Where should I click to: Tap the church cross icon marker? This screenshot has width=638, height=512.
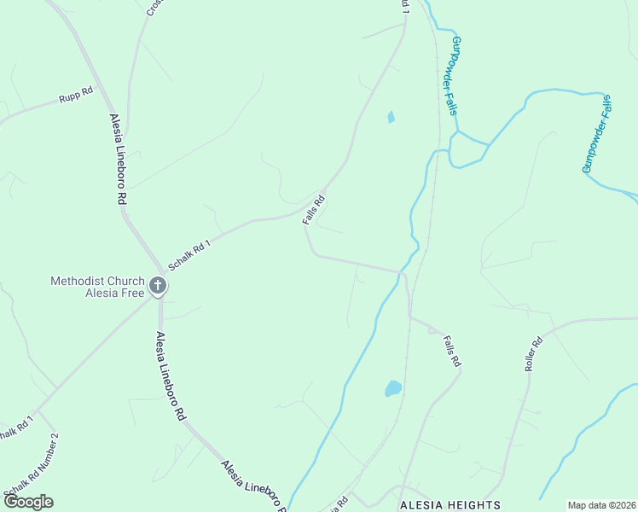click(158, 285)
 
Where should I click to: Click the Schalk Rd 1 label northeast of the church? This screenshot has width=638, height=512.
click(189, 254)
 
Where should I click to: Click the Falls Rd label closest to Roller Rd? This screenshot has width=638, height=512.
click(452, 352)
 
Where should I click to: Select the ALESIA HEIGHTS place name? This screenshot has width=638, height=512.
click(450, 505)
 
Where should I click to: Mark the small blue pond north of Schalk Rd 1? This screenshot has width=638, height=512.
click(391, 117)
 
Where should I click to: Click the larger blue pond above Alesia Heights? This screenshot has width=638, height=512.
click(392, 389)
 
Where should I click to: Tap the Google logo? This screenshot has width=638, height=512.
click(28, 502)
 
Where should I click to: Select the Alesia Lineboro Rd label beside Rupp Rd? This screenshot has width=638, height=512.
click(118, 158)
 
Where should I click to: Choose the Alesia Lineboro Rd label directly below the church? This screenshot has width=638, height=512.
click(169, 375)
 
